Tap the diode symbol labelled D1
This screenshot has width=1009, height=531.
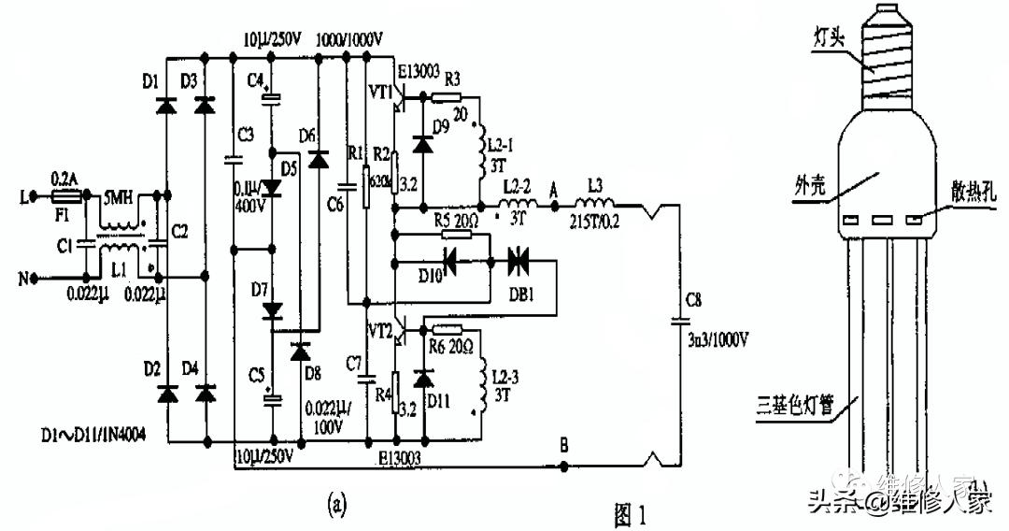(x=167, y=106)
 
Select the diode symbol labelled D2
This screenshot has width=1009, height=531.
(x=167, y=394)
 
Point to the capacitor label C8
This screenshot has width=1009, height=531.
(x=692, y=300)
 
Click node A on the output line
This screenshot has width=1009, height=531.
(x=554, y=206)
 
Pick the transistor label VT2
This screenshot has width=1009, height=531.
(x=380, y=330)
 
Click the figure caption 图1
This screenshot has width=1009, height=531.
(x=629, y=512)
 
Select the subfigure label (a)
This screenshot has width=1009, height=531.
(x=336, y=505)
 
